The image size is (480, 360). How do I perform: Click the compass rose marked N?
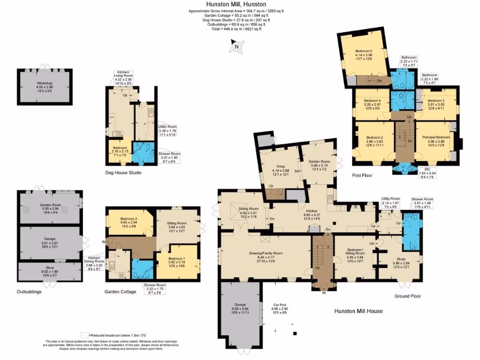tap(236, 45)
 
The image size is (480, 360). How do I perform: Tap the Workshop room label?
tap(45, 85)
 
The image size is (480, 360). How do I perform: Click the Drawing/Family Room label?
tap(265, 256)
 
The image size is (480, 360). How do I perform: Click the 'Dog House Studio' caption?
tap(124, 173)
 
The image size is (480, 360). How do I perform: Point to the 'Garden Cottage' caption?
tap(120, 292)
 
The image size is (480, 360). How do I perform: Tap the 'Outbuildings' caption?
tap(29, 292)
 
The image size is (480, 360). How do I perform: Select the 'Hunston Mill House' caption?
tap(359, 311)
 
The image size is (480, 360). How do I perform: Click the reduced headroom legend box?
tap(84, 335)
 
